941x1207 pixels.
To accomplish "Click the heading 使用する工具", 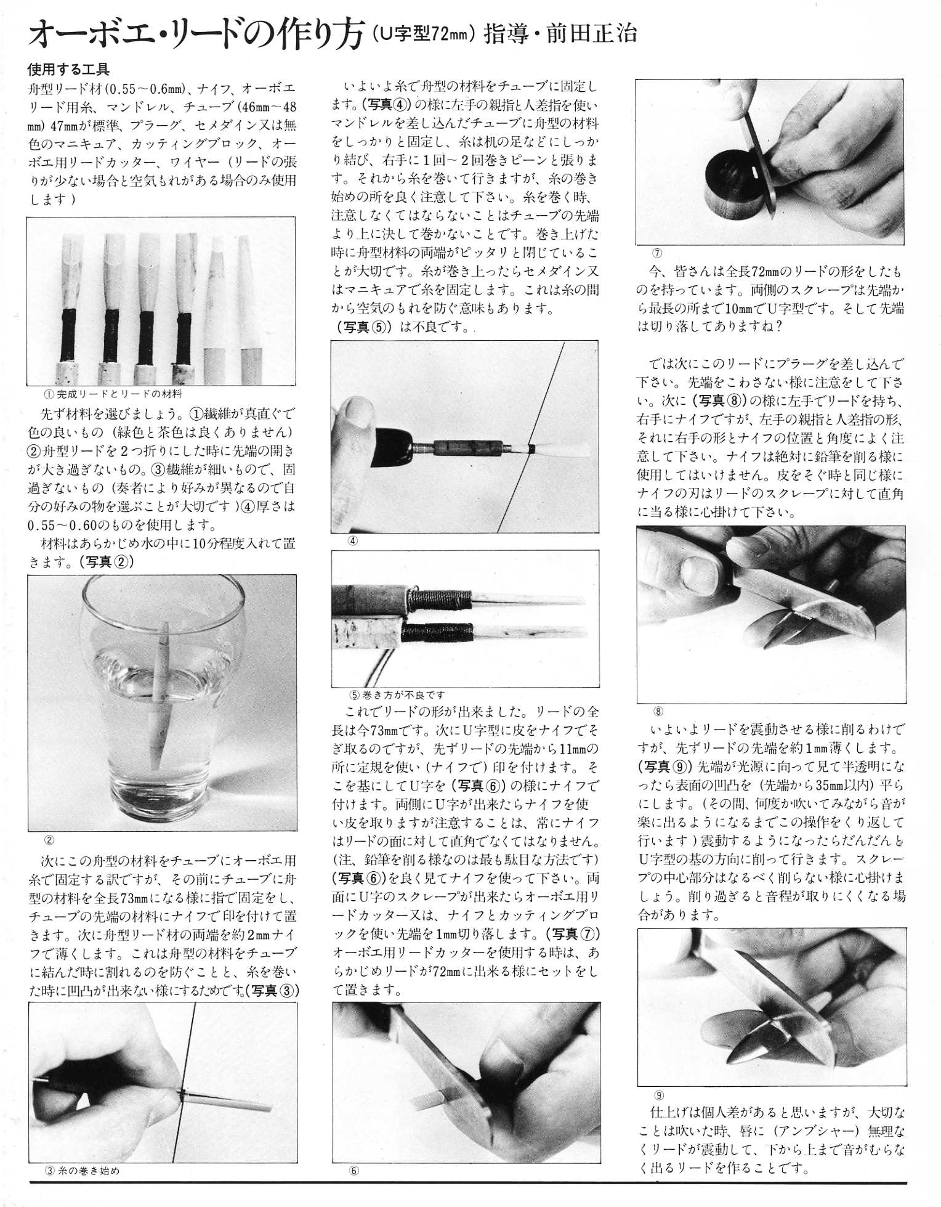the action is coord(68,69).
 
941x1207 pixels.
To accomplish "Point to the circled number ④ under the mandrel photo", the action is coord(353,541).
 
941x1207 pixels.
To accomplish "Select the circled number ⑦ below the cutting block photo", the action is coord(656,253).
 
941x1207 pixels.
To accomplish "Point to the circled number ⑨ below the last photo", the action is coord(659,1095).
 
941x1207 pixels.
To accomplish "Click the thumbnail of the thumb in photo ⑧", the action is coord(698,574).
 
